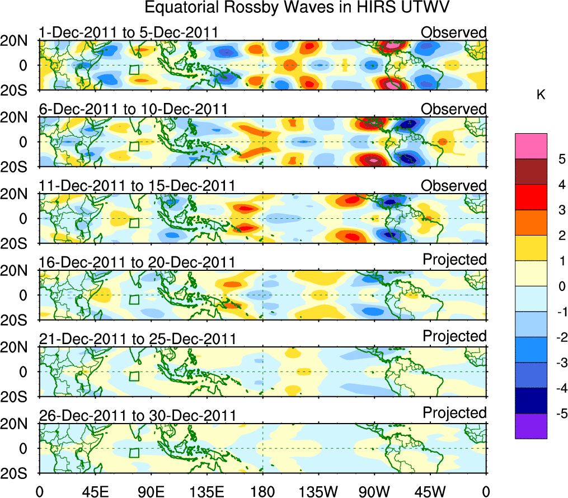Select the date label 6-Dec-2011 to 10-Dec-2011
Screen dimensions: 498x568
[x=132, y=109]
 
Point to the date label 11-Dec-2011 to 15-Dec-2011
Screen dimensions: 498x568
[x=137, y=186]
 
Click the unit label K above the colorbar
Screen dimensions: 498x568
[x=541, y=96]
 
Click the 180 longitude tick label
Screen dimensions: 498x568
[x=262, y=491]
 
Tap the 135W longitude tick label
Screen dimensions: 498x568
[x=318, y=491]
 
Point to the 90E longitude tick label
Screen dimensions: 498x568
[x=151, y=491]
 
